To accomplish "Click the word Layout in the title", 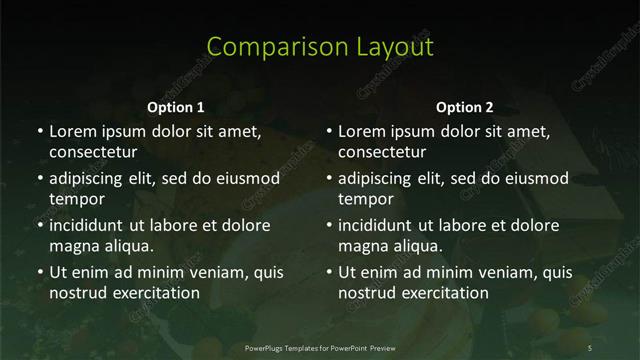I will (392, 47).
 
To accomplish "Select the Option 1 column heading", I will (175, 107).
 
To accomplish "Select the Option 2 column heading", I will (465, 107).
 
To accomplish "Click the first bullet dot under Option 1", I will (39, 132).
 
